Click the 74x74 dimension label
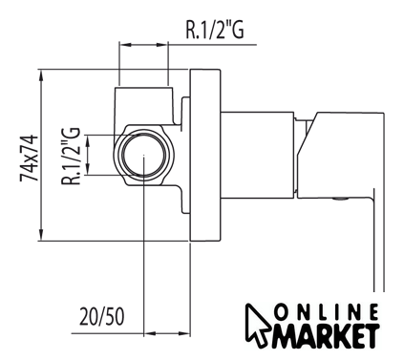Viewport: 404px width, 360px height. tap(29, 159)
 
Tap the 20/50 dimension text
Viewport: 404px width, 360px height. tap(101, 316)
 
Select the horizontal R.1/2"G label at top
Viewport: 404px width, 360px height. tap(215, 30)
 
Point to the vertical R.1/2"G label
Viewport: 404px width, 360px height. tap(71, 156)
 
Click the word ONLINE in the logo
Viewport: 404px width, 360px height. tap(327, 312)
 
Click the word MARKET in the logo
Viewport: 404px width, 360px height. tap(326, 336)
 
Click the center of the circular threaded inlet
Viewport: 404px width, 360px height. tap(144, 156)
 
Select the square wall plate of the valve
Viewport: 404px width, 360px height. tap(205, 155)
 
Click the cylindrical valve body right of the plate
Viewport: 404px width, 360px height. tap(257, 155)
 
